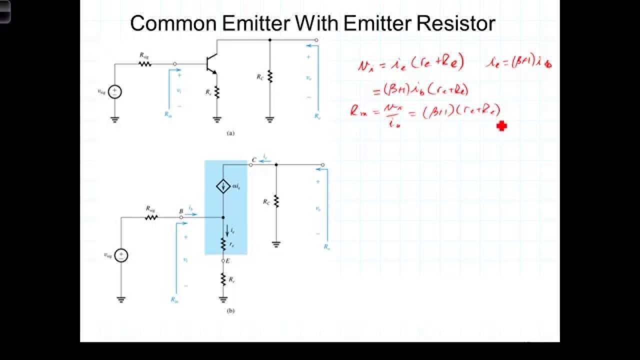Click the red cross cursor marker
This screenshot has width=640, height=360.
pyautogui.click(x=501, y=126)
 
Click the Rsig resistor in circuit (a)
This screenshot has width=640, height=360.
pyautogui.click(x=145, y=63)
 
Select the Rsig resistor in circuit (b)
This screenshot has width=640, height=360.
pyautogui.click(x=151, y=217)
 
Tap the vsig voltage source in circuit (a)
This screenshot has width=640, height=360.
pyautogui.click(x=115, y=91)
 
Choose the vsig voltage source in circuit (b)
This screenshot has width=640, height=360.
pyautogui.click(x=121, y=255)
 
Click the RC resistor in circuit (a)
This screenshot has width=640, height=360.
pyautogui.click(x=269, y=76)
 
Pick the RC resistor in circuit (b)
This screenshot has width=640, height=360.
pyautogui.click(x=276, y=201)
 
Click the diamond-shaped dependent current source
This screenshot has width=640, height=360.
pyautogui.click(x=222, y=187)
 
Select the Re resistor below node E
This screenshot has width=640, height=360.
pyautogui.click(x=223, y=279)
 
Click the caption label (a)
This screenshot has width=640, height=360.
pyautogui.click(x=230, y=133)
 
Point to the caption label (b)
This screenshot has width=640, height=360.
pyautogui.click(x=230, y=310)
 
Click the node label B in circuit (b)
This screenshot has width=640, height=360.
pyautogui.click(x=181, y=211)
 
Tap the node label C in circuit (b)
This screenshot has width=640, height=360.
pyautogui.click(x=254, y=159)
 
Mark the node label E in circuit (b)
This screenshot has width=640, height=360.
pyautogui.click(x=228, y=260)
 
